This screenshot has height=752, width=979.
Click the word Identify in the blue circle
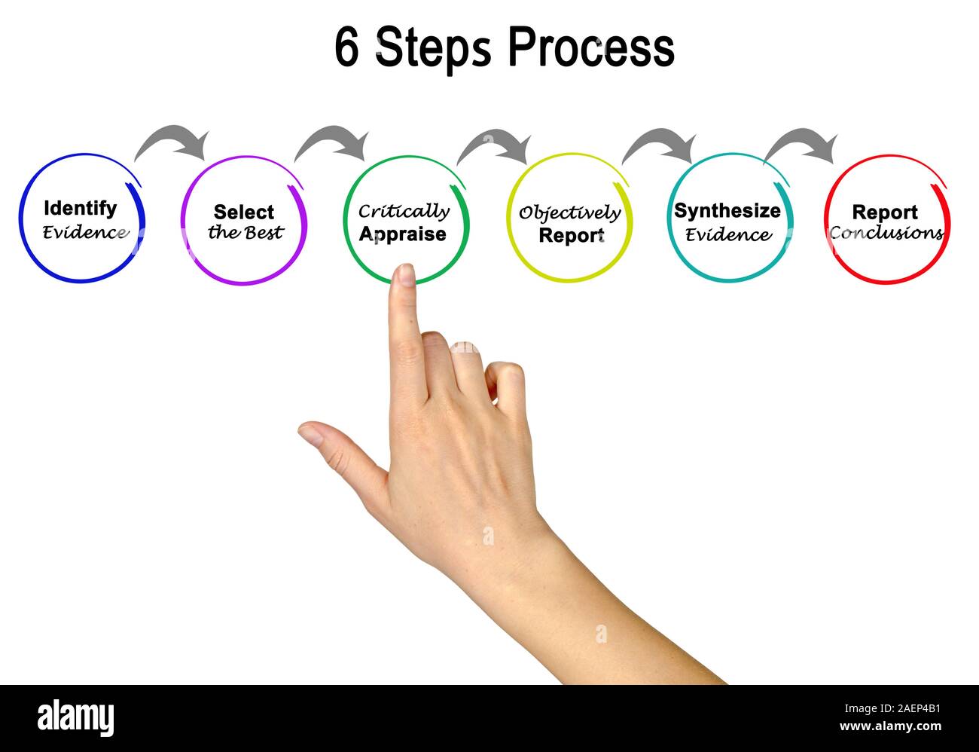81,209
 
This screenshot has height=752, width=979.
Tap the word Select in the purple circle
243,212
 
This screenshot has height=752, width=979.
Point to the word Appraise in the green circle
402,234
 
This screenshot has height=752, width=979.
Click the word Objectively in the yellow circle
569,213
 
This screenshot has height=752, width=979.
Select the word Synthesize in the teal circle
727,211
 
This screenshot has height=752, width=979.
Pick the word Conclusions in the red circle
886,233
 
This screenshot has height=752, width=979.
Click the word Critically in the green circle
404,212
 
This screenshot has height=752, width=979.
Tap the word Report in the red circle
885,212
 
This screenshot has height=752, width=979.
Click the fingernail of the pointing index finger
406,274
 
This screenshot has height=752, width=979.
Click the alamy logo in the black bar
76,717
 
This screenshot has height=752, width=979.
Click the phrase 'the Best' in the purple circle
246,232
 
